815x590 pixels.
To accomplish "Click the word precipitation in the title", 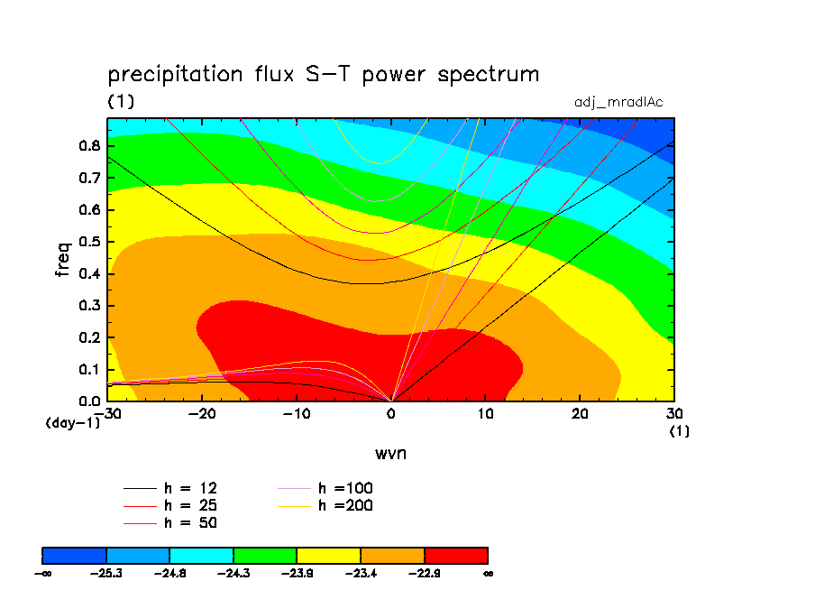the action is (x=175, y=75).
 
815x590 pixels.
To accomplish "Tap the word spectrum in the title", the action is (x=488, y=75).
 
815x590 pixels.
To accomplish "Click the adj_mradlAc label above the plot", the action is (x=618, y=102).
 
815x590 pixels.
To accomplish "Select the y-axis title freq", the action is (x=62, y=259).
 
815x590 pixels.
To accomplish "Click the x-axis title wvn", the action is (x=390, y=454).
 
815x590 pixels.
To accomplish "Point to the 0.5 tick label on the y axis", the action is (x=89, y=242).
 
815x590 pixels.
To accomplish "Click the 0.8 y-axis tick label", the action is (x=89, y=145).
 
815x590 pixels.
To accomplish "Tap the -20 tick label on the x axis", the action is (x=202, y=414).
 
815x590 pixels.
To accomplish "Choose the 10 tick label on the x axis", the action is (x=485, y=414).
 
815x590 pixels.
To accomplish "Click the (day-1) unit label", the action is (x=73, y=423).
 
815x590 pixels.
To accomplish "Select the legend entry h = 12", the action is (x=170, y=488).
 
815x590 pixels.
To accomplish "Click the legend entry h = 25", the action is (x=170, y=505).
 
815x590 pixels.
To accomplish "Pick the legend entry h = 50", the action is (x=170, y=523).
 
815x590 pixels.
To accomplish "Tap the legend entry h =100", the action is (x=325, y=488).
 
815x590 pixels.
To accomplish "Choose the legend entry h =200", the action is (x=325, y=505).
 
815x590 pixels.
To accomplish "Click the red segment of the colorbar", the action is (x=456, y=556).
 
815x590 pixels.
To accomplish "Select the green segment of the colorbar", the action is (x=265, y=556).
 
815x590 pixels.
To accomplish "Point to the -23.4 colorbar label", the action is (x=361, y=574).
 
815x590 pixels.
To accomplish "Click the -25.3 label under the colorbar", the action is (x=106, y=574).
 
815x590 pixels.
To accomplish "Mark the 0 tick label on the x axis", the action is (x=391, y=414).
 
